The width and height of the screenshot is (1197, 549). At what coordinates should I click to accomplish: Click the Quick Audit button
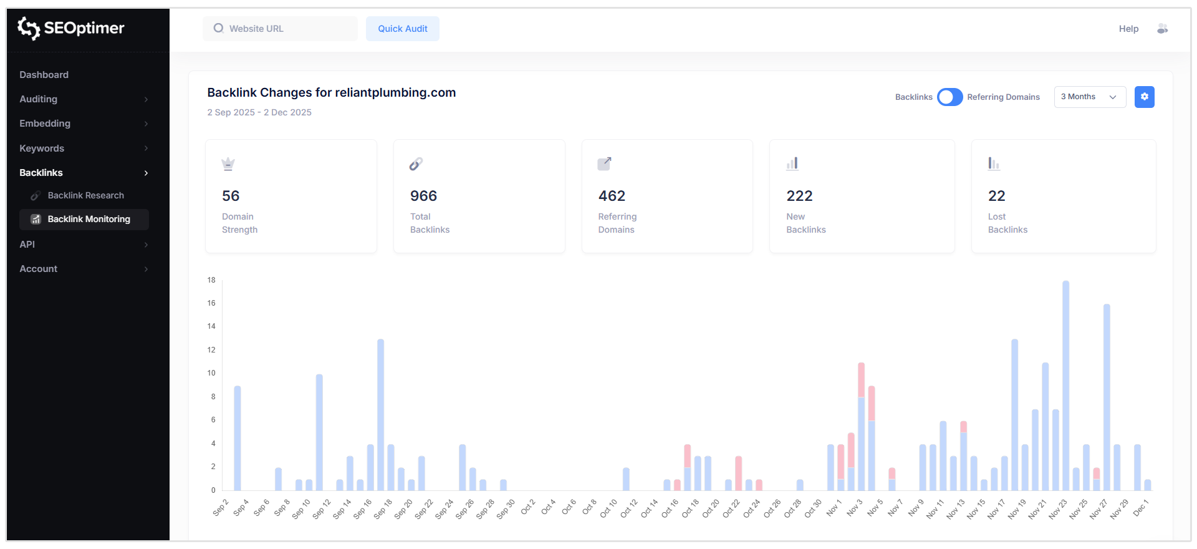tap(402, 29)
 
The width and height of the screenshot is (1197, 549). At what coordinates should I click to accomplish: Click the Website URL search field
tap(281, 29)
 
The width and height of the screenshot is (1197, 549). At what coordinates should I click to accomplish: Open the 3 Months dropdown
tap(1089, 97)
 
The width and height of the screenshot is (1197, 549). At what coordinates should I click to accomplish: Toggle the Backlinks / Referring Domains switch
tap(949, 97)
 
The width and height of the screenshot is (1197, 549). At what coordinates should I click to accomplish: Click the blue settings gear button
tap(1144, 97)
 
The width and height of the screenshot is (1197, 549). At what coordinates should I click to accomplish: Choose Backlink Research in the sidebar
tap(85, 195)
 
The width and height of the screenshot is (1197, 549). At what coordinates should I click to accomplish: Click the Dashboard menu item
tap(44, 75)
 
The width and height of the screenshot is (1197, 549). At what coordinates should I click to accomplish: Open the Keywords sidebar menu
tap(42, 148)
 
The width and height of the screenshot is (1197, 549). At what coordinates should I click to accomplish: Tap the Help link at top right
tap(1128, 29)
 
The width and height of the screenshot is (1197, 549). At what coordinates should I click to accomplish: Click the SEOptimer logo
tap(70, 28)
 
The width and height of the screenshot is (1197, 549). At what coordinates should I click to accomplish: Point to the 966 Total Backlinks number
tap(423, 196)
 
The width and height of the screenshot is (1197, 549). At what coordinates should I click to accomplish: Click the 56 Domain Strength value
tap(231, 196)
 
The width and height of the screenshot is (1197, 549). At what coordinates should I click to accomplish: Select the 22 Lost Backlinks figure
tap(996, 196)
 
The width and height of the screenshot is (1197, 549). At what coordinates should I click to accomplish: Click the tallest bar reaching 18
tap(1065, 387)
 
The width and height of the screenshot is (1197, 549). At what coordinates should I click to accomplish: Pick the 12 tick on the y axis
tap(211, 350)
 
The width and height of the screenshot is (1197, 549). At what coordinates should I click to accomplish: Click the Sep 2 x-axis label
tap(221, 508)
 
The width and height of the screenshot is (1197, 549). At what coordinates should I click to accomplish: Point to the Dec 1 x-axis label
tap(1140, 508)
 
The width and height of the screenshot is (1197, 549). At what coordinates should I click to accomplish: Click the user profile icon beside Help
tap(1162, 29)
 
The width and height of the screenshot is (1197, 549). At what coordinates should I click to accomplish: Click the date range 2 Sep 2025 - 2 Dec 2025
tap(259, 112)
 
